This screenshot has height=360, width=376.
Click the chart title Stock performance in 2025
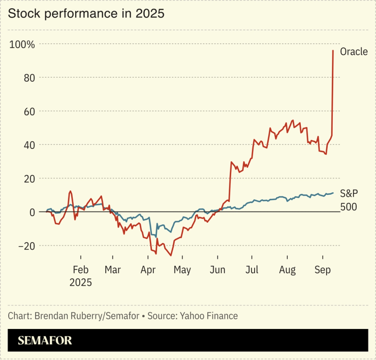click(x=86, y=14)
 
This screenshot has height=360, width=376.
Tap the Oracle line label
click(x=354, y=52)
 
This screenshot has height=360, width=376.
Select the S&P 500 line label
click(x=349, y=200)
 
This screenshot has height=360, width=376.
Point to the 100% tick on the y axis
click(x=22, y=45)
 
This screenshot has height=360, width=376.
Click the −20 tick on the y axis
click(x=24, y=246)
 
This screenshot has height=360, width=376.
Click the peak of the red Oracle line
click(x=333, y=50)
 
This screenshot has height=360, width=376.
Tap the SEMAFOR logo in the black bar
click(x=45, y=341)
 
